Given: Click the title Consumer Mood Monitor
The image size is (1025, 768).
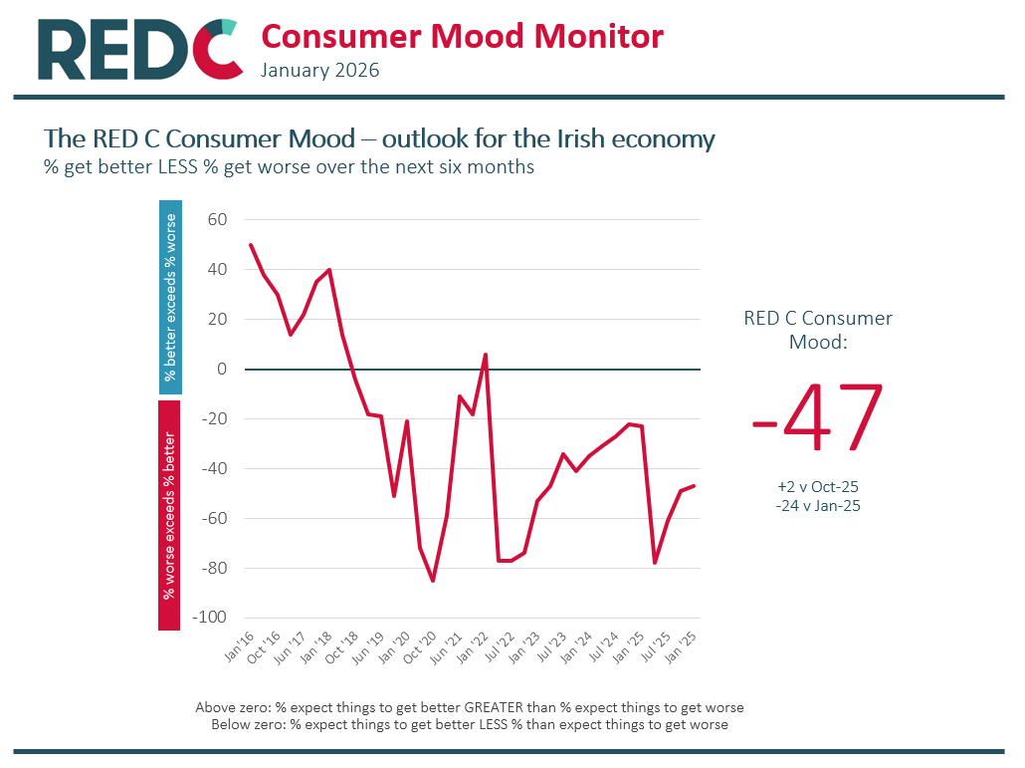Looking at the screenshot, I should click(462, 37).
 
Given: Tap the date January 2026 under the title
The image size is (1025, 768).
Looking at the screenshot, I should click(319, 71).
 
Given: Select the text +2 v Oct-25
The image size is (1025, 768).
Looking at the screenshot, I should click(818, 486).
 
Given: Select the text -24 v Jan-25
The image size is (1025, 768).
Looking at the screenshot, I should click(818, 505).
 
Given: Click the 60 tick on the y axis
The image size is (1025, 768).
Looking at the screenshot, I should click(217, 219).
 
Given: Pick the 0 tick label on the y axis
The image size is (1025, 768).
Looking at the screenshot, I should click(222, 369).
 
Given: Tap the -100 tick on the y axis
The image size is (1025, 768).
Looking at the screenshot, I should click(210, 618).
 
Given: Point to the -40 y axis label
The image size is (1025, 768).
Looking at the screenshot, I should click(213, 468).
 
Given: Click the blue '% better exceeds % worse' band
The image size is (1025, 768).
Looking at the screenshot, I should click(169, 298).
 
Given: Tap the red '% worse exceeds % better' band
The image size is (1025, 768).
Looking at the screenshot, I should click(169, 515).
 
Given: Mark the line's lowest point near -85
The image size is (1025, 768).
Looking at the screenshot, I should click(433, 581).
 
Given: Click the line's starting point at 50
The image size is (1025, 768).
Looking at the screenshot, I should click(250, 244).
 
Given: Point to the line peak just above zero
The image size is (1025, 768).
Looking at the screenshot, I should click(485, 355).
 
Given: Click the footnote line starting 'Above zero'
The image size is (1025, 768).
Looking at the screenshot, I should click(469, 707).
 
